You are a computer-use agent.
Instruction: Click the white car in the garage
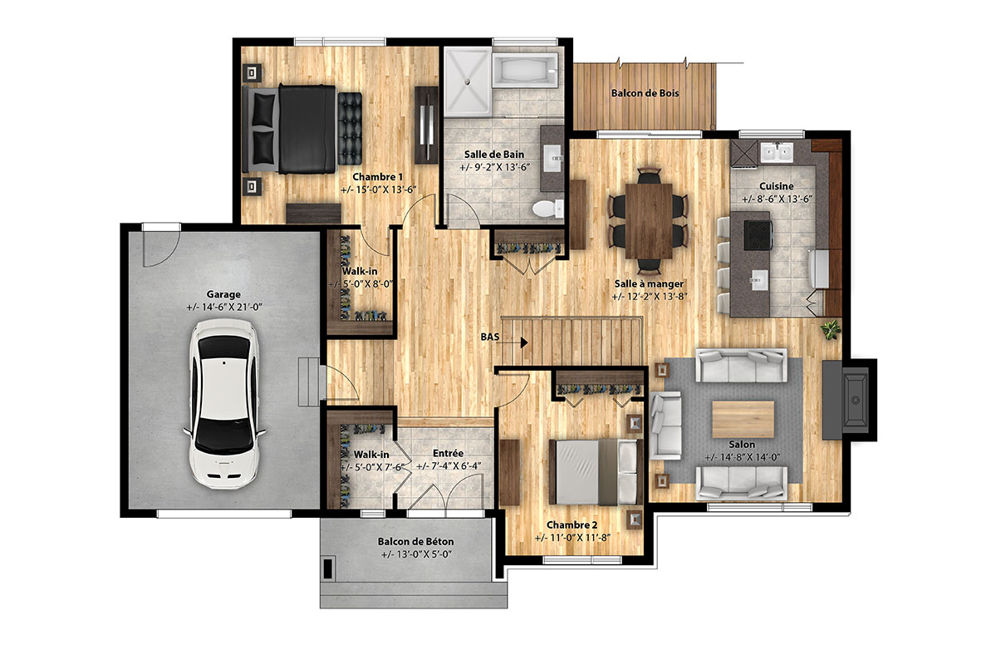tap(224, 403)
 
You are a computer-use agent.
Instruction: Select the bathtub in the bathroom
tap(525, 70)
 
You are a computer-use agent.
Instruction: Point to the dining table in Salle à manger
tap(649, 220)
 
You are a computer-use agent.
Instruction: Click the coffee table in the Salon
tap(743, 419)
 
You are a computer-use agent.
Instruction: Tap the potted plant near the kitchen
tap(830, 329)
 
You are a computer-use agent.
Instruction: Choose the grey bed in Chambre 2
tap(593, 472)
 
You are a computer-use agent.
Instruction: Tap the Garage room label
tap(223, 294)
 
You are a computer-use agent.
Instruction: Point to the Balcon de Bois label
tap(645, 93)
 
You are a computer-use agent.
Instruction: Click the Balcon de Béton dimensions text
tap(416, 554)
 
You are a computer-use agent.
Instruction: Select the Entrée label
tap(448, 453)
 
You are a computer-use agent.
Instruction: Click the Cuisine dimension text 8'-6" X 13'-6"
tap(777, 199)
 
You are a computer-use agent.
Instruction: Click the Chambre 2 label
tap(572, 525)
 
